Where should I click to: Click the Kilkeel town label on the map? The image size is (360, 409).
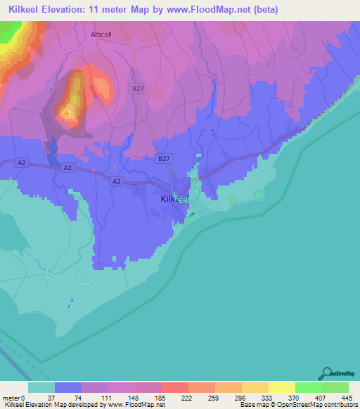coord(175,199)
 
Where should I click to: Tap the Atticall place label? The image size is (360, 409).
coord(102,34)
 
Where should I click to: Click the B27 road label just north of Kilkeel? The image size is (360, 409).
coord(163,159)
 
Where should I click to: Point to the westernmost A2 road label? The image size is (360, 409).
coord(21,163)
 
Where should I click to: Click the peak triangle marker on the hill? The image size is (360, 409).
coord(67,112)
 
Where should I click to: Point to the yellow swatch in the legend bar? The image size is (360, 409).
coord(281,387)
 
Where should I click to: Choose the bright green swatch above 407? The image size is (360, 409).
coord(308,387)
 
